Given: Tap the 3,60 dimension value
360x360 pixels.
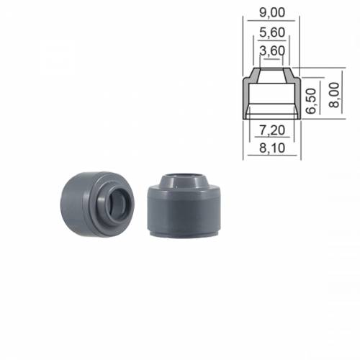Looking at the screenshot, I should pos(271,50).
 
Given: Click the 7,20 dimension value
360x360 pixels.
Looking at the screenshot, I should pos(271,130).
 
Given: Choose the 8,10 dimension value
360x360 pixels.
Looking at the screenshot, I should pos(271,149).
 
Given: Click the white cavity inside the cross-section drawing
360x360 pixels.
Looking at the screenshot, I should pos(271,97).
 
